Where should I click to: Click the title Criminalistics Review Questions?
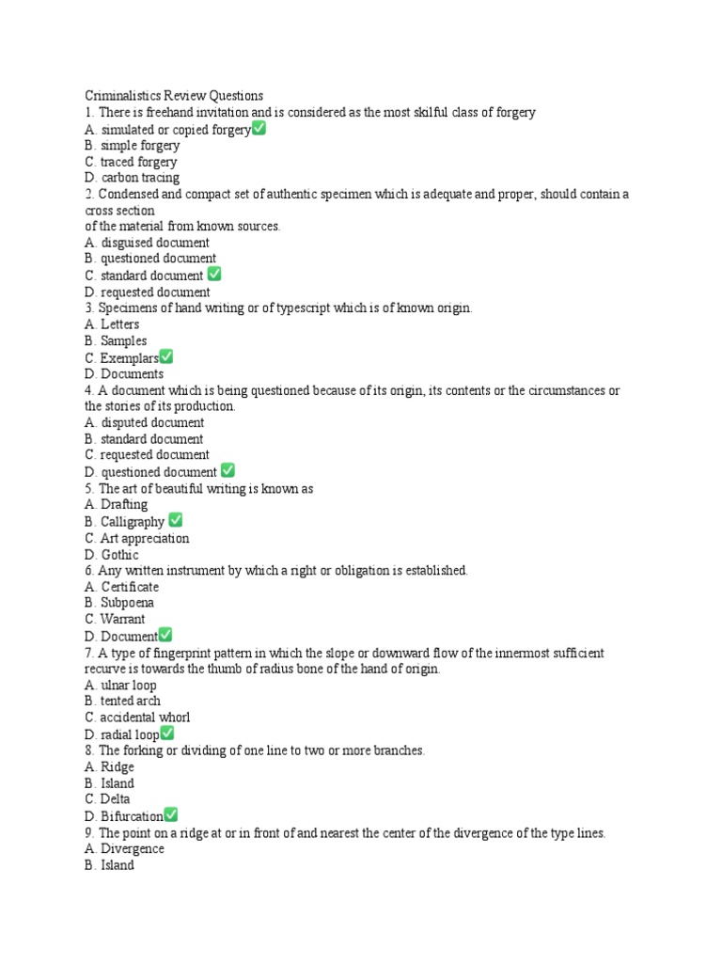point(174,96)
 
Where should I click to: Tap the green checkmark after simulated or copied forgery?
point(259,129)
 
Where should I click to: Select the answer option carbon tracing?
point(132,178)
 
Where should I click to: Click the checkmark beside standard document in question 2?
point(214,275)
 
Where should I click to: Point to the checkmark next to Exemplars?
point(166,356)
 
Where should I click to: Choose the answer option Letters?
point(112,324)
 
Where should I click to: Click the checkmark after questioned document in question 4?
point(228,470)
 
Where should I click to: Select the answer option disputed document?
point(143,423)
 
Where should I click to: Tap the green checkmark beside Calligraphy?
point(176,520)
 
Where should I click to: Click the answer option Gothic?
point(111,555)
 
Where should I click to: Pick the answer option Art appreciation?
point(136,538)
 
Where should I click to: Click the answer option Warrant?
point(114,619)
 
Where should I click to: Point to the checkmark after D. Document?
point(165,635)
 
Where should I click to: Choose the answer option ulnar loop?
point(119,685)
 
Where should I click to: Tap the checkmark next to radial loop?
point(168,734)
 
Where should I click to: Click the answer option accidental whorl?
point(136,718)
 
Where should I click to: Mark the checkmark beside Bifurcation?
point(171,814)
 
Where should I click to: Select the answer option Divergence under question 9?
point(123,849)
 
